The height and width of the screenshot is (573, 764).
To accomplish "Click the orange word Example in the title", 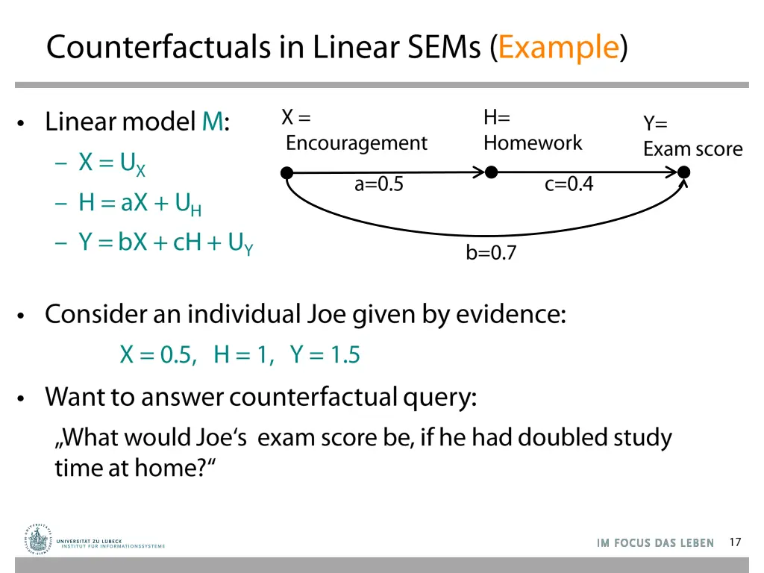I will [559, 48].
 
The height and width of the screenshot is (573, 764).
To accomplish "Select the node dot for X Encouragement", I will [286, 173].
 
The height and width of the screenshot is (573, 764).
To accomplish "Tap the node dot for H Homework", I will [491, 172].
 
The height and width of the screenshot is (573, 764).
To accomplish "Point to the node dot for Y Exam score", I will [683, 172].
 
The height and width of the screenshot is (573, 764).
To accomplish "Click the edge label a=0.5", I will [379, 184].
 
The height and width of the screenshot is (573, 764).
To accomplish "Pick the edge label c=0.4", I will [569, 184].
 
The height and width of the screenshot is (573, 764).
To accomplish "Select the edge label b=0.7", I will [491, 254].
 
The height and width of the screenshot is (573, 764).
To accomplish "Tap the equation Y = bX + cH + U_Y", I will [166, 243].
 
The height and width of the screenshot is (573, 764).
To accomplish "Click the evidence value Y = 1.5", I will [325, 355].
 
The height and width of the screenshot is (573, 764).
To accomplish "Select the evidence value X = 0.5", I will [158, 355].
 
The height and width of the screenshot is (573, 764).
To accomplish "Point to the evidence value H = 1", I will [243, 355].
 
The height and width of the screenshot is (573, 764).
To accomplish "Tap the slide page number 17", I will [735, 542].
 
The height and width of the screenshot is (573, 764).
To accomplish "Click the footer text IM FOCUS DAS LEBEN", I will [655, 543].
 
